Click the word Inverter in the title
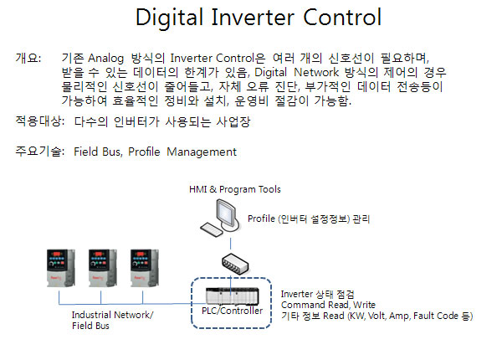[253, 17]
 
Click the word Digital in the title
[169, 18]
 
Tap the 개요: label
[28, 58]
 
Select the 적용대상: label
[40, 121]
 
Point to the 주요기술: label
[40, 152]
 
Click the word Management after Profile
[202, 152]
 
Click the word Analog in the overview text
[105, 59]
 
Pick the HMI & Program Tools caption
[234, 189]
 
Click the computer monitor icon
[228, 214]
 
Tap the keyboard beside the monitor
[212, 229]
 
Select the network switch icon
[235, 264]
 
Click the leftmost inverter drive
[61, 268]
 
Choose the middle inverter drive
[102, 268]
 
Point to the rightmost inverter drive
[145, 268]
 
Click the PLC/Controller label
[232, 311]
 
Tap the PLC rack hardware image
[233, 296]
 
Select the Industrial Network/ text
[112, 315]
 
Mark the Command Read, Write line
[328, 305]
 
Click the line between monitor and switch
[231, 244]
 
